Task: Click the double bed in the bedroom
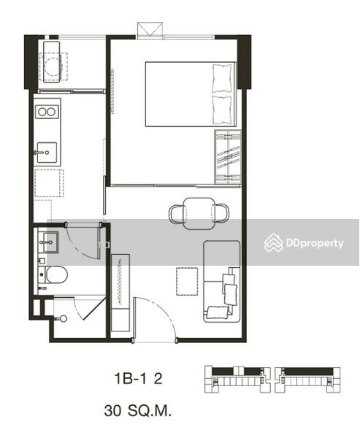191,94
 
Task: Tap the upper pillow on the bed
223,78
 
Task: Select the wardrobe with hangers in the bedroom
228,157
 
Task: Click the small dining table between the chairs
199,213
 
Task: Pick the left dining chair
177,214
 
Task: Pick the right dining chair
221,213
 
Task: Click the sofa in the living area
222,282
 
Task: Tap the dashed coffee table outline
187,281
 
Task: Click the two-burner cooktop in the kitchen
47,112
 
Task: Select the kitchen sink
47,153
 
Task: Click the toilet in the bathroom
53,275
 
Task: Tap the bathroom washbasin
48,242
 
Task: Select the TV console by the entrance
120,293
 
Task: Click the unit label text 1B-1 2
138,379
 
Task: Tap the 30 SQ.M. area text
138,411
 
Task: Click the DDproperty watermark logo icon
274,242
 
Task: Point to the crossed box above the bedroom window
150,30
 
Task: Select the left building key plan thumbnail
237,380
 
